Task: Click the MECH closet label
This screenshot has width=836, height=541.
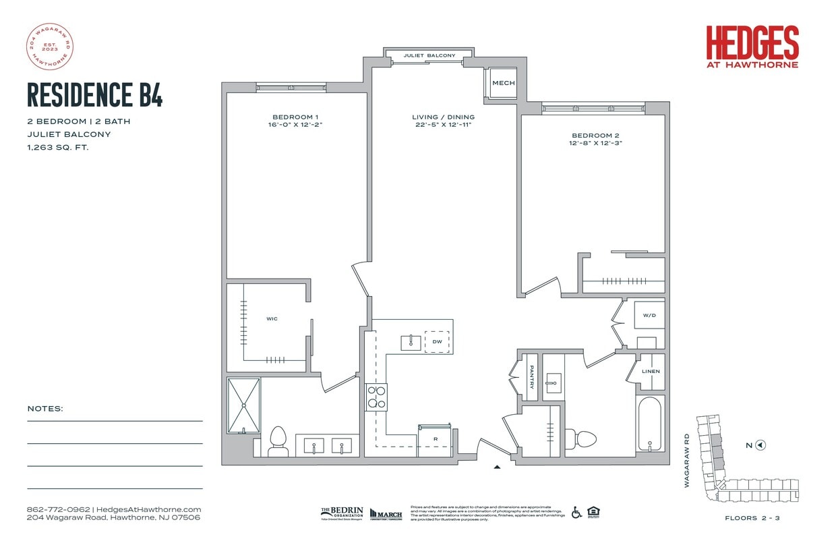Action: click(503, 83)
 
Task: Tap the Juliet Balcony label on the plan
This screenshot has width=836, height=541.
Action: click(429, 55)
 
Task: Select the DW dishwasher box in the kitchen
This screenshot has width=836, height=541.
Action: click(437, 342)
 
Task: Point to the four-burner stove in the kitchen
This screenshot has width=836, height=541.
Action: click(376, 397)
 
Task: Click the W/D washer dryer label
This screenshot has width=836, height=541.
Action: click(649, 315)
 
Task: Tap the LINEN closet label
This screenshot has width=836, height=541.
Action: click(651, 372)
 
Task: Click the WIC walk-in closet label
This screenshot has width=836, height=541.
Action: click(272, 318)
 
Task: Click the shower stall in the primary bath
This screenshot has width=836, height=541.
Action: click(243, 405)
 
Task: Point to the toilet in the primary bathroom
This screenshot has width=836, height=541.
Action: click(277, 441)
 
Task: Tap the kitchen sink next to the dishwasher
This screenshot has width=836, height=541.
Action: click(411, 342)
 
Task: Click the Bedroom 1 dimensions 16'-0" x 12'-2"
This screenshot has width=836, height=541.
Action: click(296, 125)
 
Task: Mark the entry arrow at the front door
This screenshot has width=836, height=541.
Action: click(498, 466)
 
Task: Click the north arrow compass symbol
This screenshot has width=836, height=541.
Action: click(760, 445)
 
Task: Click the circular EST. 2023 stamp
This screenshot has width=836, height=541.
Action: click(49, 47)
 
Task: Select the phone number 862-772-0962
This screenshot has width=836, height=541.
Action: click(59, 509)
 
